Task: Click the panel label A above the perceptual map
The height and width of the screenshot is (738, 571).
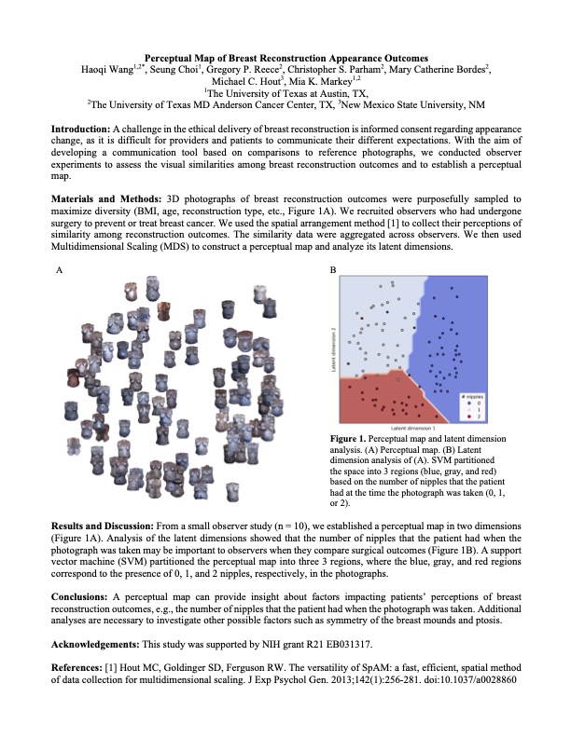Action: tap(60, 269)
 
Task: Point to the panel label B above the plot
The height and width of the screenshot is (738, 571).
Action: tap(334, 269)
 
